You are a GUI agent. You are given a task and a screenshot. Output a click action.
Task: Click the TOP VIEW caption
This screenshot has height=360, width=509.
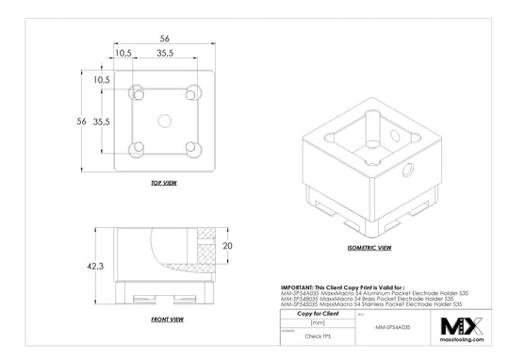coord(164,183)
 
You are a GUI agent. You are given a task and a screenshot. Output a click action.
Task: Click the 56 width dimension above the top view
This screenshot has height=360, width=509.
coord(164,39)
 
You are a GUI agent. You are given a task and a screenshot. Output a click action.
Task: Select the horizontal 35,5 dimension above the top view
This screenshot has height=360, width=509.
coord(164,55)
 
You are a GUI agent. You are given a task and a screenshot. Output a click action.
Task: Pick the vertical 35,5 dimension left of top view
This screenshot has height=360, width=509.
coord(103,122)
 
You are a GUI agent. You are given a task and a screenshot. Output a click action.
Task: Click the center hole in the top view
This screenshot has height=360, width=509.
coord(165,121)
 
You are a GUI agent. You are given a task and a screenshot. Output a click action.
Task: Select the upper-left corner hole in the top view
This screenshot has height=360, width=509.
coord(138,93)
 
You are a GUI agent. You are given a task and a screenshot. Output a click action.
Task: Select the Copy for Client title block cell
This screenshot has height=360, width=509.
coord(317,314)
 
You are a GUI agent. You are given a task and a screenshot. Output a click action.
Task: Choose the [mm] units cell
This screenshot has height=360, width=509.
coord(317,323)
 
